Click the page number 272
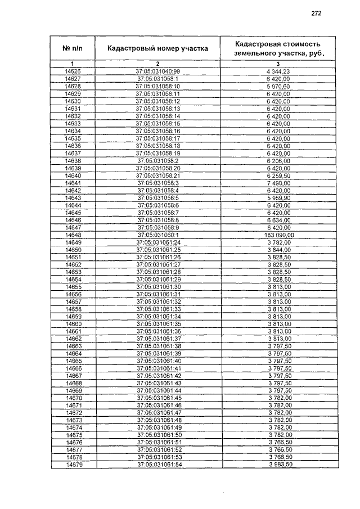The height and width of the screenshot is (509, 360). click(316, 14)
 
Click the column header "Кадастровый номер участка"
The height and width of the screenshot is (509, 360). click(157, 48)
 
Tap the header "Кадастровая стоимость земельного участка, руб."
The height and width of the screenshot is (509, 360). click(278, 48)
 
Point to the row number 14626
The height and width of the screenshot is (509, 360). click(73, 72)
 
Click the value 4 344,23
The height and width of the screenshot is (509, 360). click(278, 72)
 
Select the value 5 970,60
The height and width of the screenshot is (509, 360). click(278, 87)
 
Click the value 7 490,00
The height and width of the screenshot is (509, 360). click(278, 183)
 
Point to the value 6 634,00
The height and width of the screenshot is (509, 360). click(278, 220)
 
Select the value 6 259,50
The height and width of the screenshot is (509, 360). click(278, 175)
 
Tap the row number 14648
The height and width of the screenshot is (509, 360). click(74, 235)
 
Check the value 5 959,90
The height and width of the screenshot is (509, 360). click(278, 198)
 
